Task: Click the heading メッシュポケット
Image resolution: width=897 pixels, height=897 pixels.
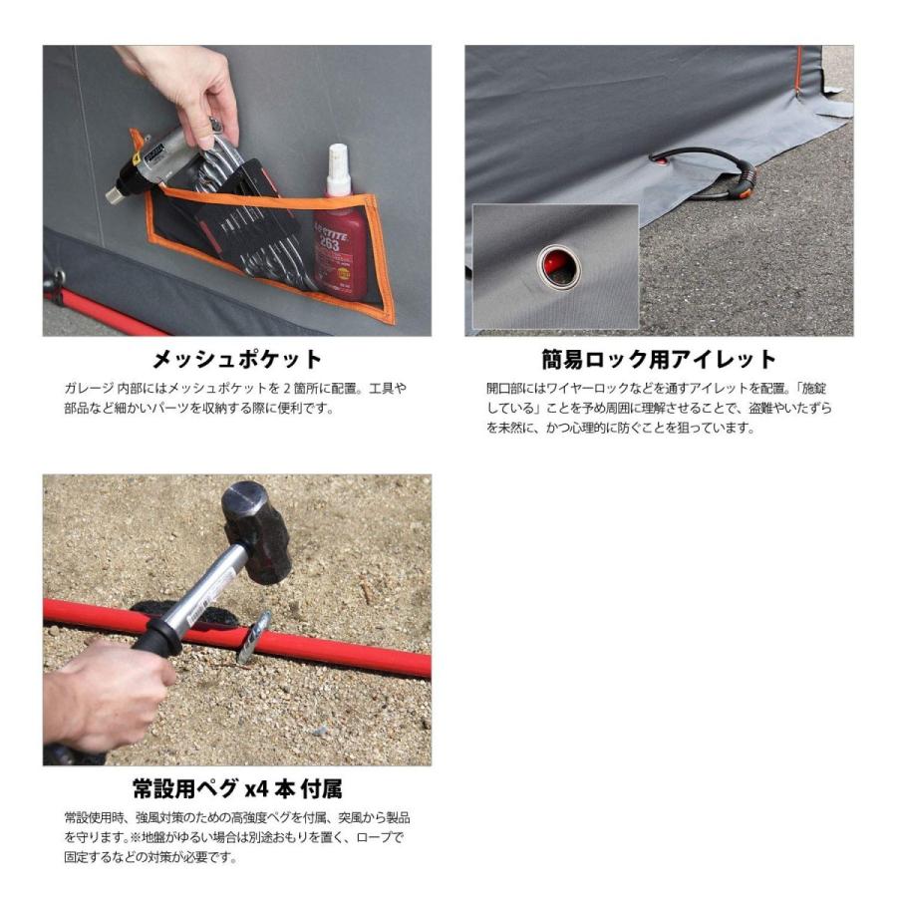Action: pos(236,359)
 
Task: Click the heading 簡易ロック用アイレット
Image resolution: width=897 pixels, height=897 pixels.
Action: pos(658,359)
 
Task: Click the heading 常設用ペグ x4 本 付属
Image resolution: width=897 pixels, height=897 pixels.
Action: pos(236,789)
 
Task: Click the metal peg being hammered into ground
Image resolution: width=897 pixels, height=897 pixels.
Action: pos(253,638)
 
